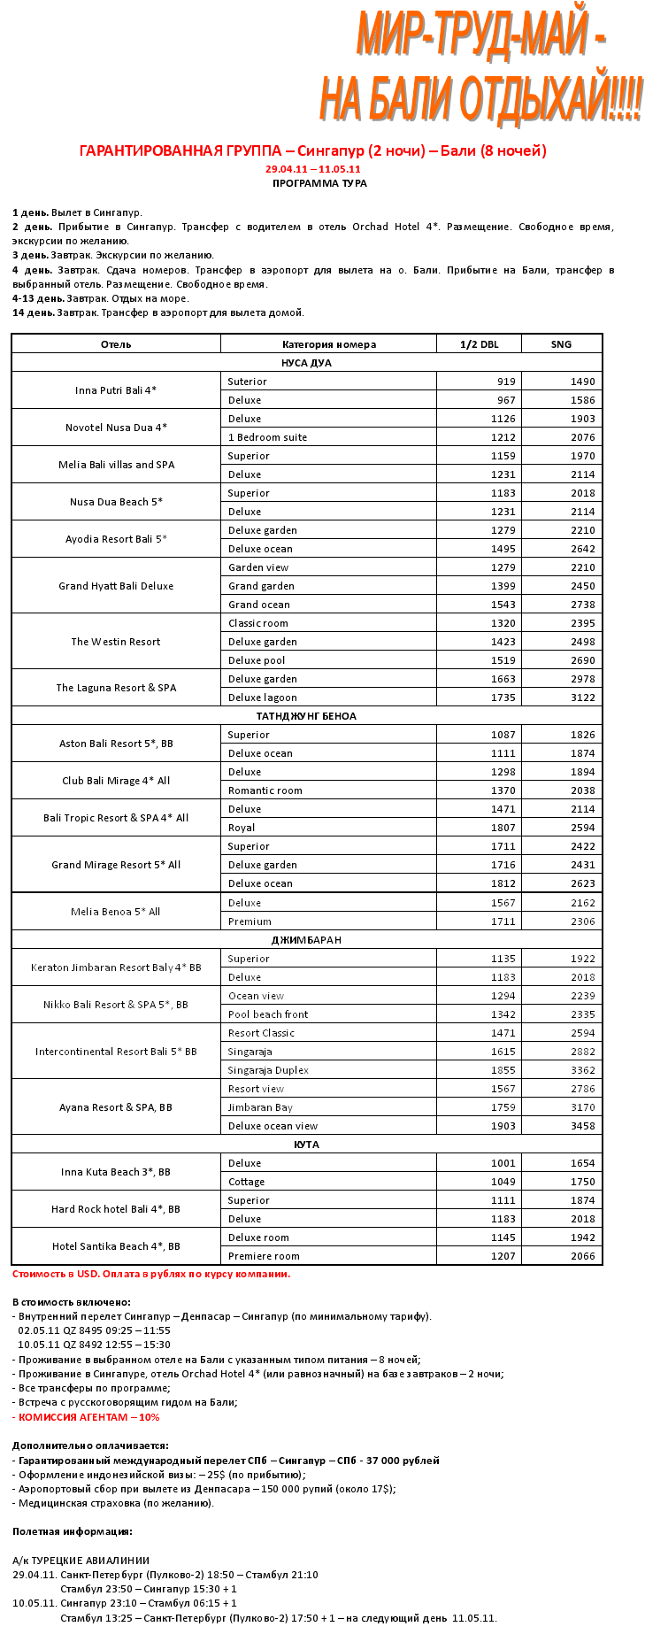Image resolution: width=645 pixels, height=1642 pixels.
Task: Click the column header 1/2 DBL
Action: click(x=479, y=344)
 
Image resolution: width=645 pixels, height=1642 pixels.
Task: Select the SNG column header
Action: click(x=561, y=344)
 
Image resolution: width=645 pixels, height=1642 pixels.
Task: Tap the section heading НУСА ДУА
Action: click(x=306, y=363)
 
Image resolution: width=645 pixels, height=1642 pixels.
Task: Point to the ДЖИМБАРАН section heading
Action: click(x=306, y=940)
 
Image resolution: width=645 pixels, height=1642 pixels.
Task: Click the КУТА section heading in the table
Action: click(x=306, y=1145)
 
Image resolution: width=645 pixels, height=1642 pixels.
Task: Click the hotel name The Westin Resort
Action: click(x=116, y=642)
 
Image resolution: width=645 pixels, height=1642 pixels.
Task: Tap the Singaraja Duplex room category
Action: click(x=268, y=1070)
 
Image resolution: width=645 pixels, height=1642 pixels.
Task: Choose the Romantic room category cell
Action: click(x=265, y=790)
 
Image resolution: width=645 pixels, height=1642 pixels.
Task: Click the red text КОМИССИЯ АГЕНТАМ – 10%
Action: click(x=88, y=1417)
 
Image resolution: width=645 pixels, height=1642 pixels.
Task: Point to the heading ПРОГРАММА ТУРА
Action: click(x=319, y=183)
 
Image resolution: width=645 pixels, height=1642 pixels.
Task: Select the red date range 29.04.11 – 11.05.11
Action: click(x=312, y=169)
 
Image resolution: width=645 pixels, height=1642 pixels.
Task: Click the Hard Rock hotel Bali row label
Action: click(x=116, y=1209)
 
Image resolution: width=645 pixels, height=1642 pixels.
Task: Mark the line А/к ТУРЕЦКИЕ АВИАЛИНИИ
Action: click(x=81, y=1561)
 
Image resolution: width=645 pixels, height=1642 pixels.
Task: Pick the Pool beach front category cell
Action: click(x=268, y=1014)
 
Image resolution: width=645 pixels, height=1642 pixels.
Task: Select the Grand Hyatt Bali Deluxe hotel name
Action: click(x=116, y=586)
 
